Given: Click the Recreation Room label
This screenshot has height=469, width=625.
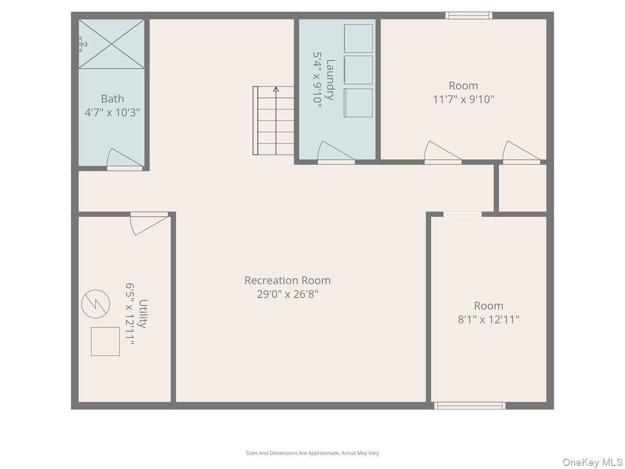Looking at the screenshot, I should click(x=287, y=280).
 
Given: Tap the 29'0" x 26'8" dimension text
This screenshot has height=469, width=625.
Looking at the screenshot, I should click(x=287, y=294).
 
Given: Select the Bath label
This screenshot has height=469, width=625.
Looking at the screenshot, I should click(x=113, y=98).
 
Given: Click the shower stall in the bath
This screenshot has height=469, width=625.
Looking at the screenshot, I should click(x=111, y=44).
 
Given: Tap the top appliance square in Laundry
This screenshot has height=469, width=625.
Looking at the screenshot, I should click(x=358, y=39).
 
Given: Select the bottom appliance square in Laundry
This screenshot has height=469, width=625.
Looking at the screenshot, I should click(x=358, y=103).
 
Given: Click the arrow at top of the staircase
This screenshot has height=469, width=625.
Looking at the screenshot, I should click(x=276, y=90).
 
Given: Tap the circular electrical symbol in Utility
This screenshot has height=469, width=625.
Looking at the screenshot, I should click(x=96, y=304).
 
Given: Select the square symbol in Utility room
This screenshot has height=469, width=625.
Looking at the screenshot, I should click(x=105, y=341).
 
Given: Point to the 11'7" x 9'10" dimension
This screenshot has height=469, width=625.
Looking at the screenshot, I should click(x=463, y=99).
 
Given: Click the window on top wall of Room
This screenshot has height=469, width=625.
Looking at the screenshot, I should click(x=469, y=16).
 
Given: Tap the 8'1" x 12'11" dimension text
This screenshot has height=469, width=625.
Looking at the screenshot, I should click(x=488, y=319).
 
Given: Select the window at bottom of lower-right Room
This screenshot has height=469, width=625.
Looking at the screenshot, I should click(x=470, y=405).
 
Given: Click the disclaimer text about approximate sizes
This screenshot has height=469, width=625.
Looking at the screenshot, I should click(x=312, y=453).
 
